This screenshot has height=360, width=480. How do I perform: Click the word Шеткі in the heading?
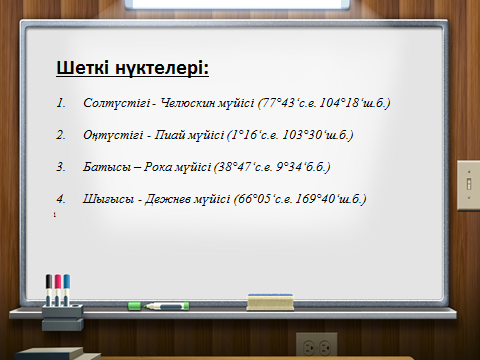(x=82, y=68)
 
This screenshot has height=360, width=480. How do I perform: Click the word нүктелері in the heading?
(x=162, y=68)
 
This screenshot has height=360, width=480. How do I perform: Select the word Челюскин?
(x=188, y=103)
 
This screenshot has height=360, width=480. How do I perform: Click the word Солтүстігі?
(x=116, y=103)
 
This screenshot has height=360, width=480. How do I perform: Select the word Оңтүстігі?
(x=113, y=135)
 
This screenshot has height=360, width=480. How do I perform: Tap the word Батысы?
(x=107, y=167)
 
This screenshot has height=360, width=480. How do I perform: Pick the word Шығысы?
(x=108, y=199)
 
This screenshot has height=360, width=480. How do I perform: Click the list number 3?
(x=61, y=167)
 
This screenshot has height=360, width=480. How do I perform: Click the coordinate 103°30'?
(x=304, y=135)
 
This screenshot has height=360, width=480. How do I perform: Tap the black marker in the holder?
(x=49, y=289)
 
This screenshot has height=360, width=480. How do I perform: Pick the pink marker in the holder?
(x=58, y=289)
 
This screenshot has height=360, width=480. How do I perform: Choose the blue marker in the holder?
(x=67, y=289)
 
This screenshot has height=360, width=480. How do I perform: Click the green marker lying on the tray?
(x=158, y=306)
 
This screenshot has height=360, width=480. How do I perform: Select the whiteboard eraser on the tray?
(x=270, y=302)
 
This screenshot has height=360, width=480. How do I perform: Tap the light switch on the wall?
(x=468, y=185)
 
